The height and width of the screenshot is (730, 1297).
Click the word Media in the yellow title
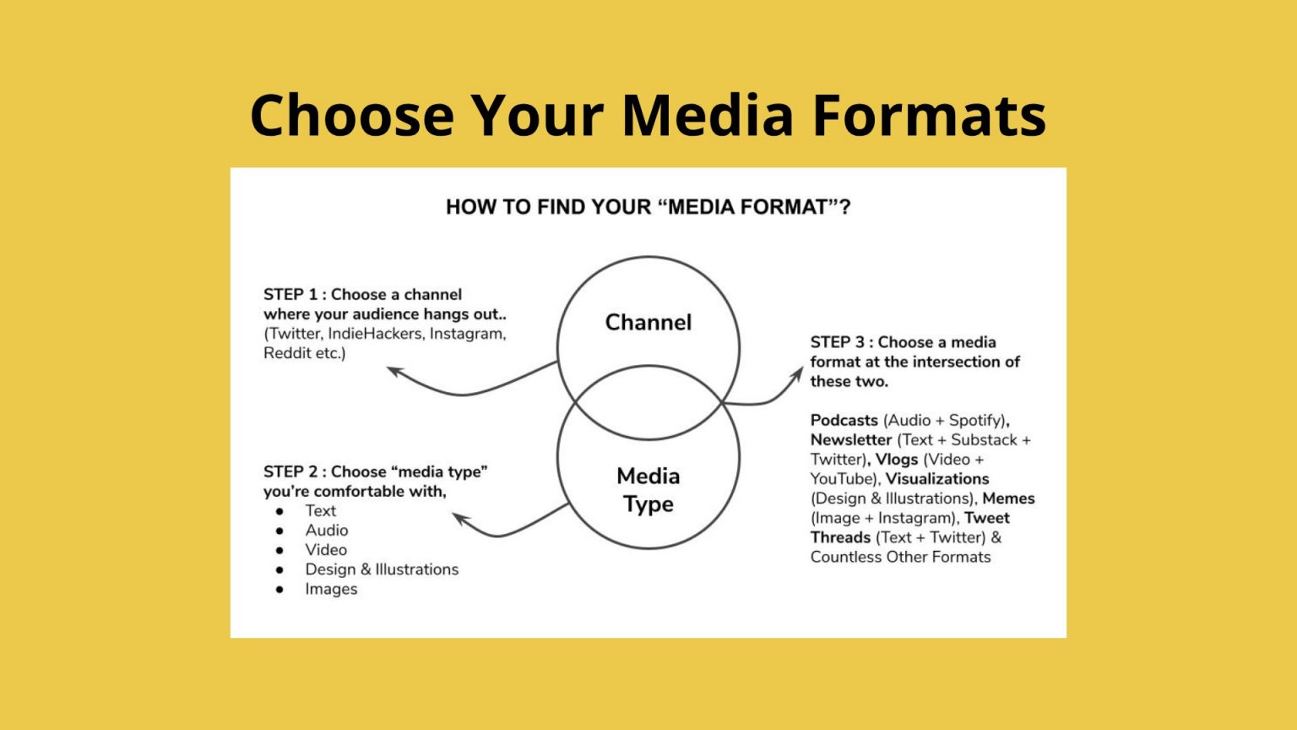coord(708,115)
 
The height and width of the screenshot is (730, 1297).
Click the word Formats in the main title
coord(929,115)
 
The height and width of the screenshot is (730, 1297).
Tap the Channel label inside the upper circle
coord(648,322)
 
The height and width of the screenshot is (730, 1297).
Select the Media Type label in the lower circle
coord(648,490)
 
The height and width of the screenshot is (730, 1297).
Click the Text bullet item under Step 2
coord(320,511)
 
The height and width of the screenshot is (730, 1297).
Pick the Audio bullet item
coord(326,531)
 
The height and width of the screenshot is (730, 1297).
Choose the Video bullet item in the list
coord(325,550)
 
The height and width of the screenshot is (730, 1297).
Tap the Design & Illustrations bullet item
coord(382,569)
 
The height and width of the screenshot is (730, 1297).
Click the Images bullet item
coord(331,589)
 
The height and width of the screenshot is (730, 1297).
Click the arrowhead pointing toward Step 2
coord(459,517)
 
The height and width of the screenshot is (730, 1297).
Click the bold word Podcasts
coord(844,421)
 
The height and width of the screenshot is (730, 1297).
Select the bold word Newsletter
coord(851,440)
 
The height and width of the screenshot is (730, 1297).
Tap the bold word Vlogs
coord(896,460)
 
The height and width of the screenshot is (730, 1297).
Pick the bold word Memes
coord(1008,498)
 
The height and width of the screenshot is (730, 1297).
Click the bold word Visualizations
coord(936,479)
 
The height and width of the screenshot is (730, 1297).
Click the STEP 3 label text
coord(837,342)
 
